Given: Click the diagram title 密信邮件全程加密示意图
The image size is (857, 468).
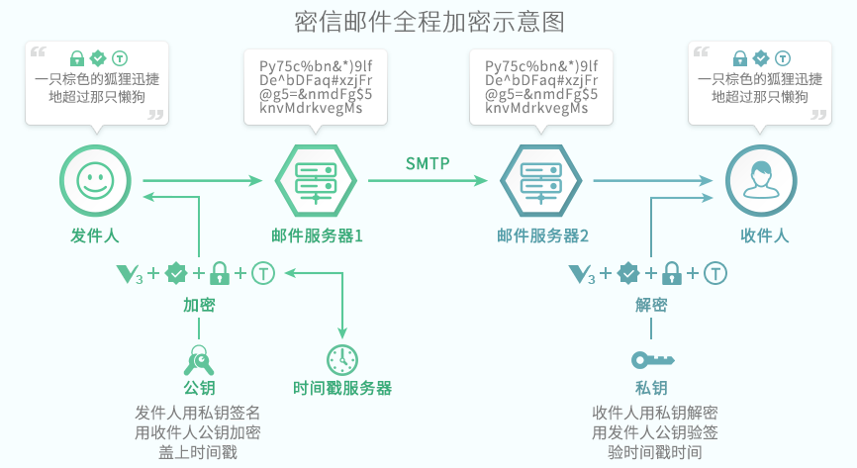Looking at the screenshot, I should point(429,22).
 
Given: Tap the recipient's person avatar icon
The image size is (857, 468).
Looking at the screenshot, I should point(760,180).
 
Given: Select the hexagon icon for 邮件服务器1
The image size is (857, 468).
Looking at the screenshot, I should point(315,180).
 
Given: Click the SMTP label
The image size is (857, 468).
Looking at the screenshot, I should point(428,162).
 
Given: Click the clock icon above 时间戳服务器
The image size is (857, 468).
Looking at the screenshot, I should point(342,359).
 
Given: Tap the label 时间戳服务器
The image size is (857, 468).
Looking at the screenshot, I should point(342,388).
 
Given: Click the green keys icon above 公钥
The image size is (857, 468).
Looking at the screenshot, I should point(199,357).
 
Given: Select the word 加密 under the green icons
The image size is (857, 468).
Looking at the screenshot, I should point(199,305).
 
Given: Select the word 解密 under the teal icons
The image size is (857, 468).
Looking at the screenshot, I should point(651,305).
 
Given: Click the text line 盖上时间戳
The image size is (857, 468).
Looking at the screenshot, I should point(198,451).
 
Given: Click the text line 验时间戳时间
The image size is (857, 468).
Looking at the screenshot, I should point(654,451).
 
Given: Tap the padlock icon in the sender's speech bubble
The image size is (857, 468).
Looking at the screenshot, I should point(77,57).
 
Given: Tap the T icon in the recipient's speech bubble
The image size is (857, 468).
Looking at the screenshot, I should point(783,57).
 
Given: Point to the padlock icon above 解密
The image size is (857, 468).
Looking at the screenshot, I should point(672,273).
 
